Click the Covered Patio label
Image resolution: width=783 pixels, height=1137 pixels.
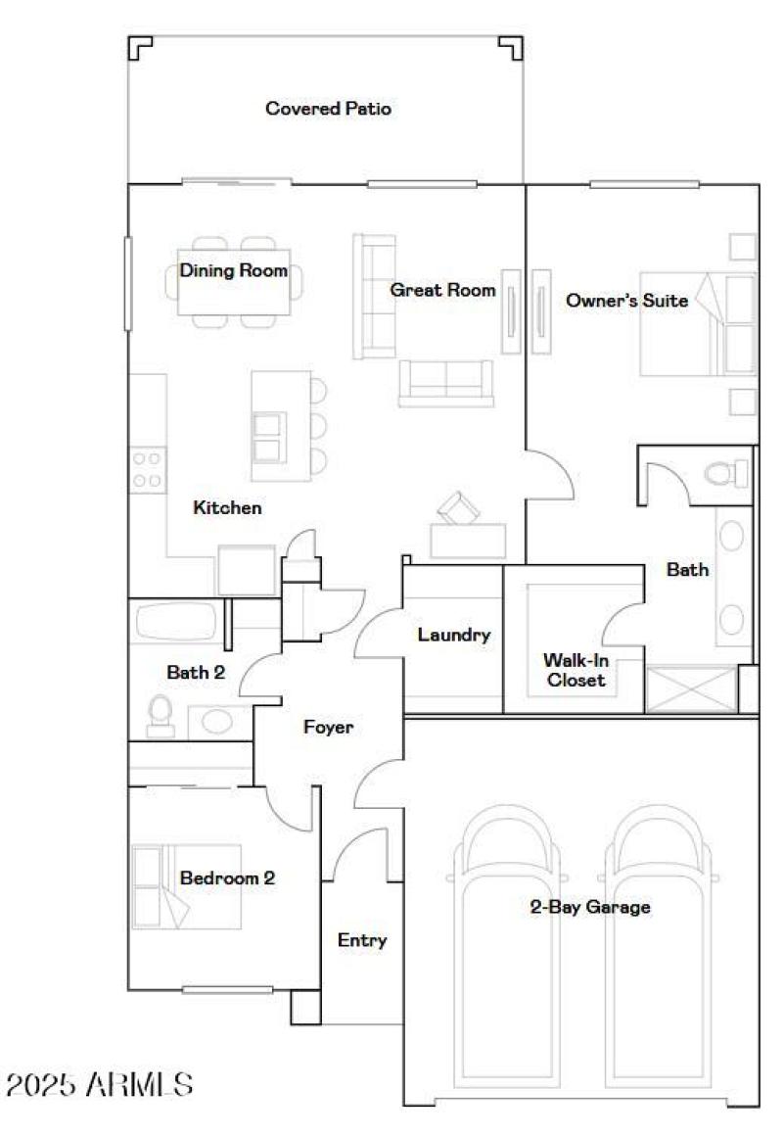click(x=328, y=109)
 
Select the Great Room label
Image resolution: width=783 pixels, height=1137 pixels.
click(x=442, y=290)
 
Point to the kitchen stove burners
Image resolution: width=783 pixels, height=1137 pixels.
click(x=147, y=469)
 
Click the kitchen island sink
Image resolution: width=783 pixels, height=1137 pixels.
click(x=266, y=437)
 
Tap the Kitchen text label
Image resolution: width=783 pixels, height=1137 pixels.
click(x=227, y=507)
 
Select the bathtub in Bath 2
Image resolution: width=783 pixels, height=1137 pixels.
click(x=180, y=622)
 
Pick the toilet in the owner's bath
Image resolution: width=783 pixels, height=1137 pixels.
click(x=727, y=474)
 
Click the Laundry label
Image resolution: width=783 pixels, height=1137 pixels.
click(x=453, y=635)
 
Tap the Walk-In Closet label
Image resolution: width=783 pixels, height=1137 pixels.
click(x=576, y=670)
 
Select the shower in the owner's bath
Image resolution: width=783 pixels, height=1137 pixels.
click(x=691, y=689)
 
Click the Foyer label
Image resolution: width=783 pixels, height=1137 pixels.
click(x=328, y=728)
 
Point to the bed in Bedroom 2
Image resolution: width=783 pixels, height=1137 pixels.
click(x=186, y=887)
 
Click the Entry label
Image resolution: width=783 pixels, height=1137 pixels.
click(x=362, y=940)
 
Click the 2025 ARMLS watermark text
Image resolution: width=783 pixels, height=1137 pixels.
click(x=99, y=1084)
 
